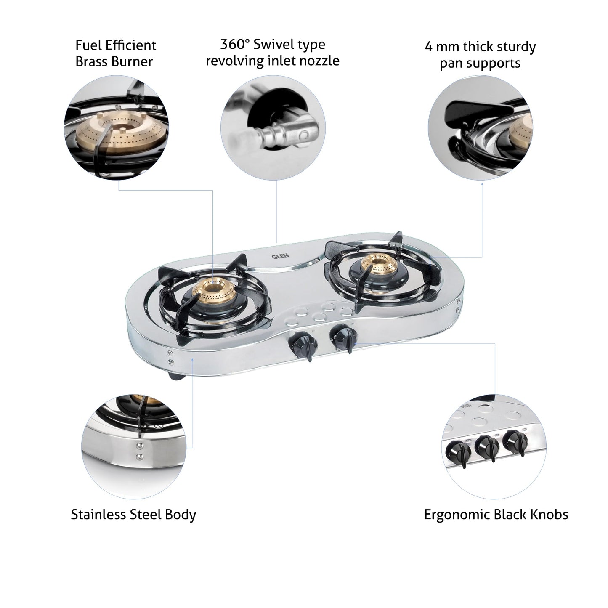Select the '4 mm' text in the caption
click(x=440, y=47)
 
